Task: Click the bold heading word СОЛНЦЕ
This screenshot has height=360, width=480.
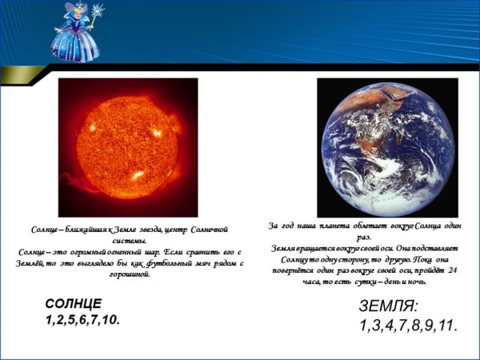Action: [x=74, y=304]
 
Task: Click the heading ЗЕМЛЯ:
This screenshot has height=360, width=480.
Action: [x=390, y=307]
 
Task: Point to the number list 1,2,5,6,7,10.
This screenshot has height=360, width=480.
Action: [x=82, y=320]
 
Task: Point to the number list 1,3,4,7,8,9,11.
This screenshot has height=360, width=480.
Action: [x=407, y=326]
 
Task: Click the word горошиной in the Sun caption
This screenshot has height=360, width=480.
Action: [x=129, y=274]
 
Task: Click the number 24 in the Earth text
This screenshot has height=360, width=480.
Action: [x=453, y=270]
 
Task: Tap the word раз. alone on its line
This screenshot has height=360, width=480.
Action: [x=364, y=238]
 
